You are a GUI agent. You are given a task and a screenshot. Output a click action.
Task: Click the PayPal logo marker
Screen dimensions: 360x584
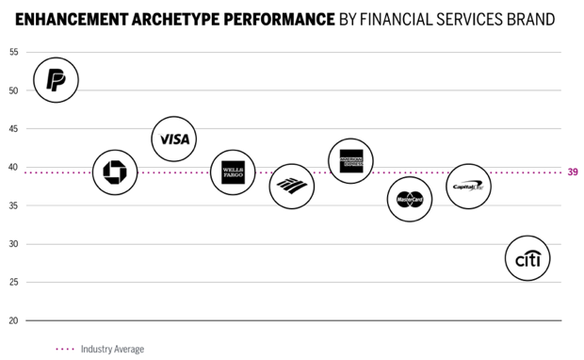click(x=56, y=81)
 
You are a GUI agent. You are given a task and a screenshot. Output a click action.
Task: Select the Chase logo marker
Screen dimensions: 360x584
click(x=114, y=172)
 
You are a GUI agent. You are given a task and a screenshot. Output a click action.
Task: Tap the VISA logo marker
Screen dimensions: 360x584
click(x=174, y=139)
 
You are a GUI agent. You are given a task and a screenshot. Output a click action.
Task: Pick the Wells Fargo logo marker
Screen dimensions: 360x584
click(x=233, y=172)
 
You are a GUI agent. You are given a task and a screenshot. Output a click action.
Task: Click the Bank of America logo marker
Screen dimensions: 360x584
click(x=291, y=186)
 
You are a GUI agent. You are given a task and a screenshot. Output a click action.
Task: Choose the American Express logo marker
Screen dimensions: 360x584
click(x=350, y=160)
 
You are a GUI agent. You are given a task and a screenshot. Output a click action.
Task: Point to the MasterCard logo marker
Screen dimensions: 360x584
click(x=409, y=199)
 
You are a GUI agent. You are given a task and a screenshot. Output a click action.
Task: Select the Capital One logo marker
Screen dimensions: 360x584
click(x=468, y=187)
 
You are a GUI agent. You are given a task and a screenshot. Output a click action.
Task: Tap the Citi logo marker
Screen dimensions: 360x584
click(x=527, y=259)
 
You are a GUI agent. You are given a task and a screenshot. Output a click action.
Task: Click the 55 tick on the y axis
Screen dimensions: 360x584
click(x=13, y=52)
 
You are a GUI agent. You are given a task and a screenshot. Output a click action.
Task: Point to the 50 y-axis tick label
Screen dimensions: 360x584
click(x=13, y=90)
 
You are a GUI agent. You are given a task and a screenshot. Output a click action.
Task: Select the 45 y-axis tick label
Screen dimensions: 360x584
click(x=13, y=129)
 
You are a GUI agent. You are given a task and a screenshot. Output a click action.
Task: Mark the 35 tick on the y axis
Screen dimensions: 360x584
click(x=13, y=205)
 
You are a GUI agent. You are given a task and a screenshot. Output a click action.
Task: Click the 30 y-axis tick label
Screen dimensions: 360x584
click(x=13, y=244)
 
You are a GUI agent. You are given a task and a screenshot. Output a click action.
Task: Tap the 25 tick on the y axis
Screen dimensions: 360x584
click(x=13, y=283)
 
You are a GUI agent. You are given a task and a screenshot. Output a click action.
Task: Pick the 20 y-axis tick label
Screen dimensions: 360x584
click(x=13, y=320)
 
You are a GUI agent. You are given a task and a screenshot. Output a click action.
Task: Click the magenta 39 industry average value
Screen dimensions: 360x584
click(x=573, y=172)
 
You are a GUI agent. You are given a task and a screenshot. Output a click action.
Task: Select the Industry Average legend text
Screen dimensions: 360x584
click(x=112, y=350)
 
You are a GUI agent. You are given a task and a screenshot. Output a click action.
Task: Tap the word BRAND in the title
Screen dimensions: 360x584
click(x=527, y=18)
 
